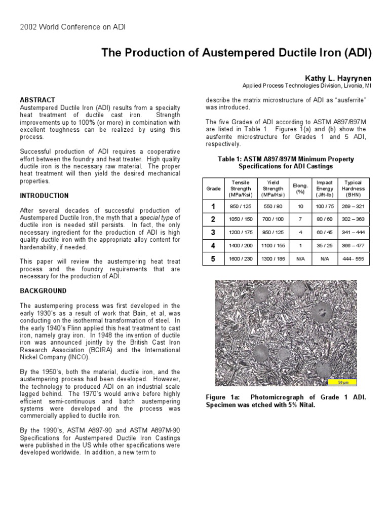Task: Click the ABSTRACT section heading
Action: pos(37,100)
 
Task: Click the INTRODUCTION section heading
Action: pos(44,196)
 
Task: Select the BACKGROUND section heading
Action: pos(43,291)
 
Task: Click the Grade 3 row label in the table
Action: pos(213,233)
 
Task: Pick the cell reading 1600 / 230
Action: pos(241,259)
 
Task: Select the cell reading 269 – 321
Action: pos(353,206)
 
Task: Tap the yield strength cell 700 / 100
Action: pos(273,219)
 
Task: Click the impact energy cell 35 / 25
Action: pos(324,246)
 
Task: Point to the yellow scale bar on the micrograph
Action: pos(342,382)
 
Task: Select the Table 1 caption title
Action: pos(286,163)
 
